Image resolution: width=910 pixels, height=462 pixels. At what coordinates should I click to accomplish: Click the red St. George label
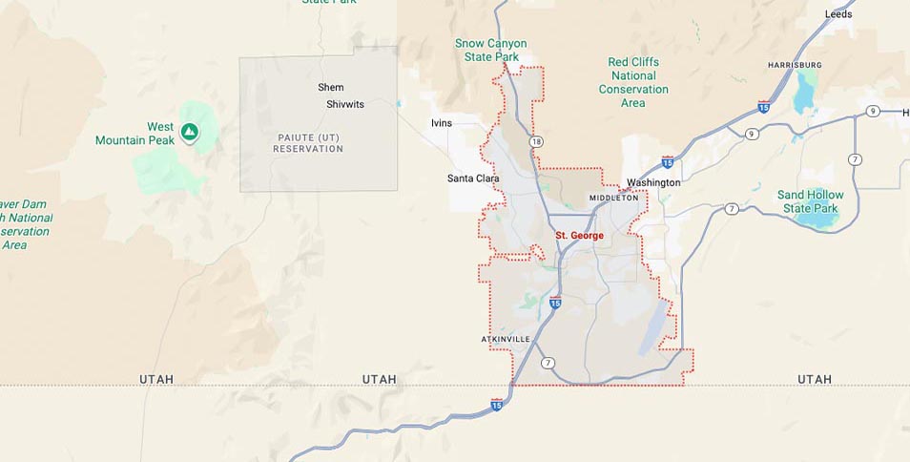(579, 235)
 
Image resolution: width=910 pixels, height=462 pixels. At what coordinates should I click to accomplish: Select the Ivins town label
(442, 123)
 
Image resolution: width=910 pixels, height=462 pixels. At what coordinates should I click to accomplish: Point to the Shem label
(331, 88)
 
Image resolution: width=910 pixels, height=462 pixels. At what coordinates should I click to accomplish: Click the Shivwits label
(345, 104)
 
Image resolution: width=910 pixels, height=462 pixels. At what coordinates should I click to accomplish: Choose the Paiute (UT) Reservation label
(308, 143)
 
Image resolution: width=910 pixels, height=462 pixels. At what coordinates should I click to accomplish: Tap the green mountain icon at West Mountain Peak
(190, 131)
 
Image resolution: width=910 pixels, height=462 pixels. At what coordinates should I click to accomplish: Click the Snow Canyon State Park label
(490, 50)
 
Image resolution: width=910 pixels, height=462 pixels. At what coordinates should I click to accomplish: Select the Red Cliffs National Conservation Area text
(633, 82)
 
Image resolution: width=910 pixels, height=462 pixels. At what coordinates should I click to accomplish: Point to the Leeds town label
(838, 14)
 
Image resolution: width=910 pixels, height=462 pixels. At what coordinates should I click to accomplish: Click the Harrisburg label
(795, 65)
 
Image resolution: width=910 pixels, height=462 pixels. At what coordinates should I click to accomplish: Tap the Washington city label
(653, 182)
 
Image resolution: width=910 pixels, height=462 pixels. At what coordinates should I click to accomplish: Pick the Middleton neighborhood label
(613, 198)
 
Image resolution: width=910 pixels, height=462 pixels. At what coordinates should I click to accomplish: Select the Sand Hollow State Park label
(811, 201)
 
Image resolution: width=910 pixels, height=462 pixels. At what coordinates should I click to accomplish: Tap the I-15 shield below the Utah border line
(497, 406)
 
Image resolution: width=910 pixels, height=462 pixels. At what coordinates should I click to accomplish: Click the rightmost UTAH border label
(815, 379)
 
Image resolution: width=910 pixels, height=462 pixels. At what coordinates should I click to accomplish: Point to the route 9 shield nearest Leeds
(873, 112)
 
